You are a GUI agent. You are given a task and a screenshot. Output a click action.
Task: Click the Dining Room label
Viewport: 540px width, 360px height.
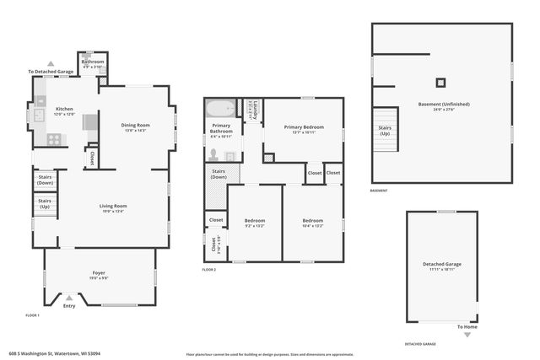(135, 126)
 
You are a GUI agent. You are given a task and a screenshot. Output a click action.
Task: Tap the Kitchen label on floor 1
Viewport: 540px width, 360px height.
(65, 110)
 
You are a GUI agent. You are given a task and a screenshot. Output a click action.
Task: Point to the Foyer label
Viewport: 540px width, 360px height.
(99, 273)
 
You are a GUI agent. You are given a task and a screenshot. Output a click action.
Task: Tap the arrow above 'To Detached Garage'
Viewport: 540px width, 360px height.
(50, 64)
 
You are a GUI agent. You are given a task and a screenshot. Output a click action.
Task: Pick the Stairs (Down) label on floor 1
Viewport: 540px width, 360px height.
(45, 179)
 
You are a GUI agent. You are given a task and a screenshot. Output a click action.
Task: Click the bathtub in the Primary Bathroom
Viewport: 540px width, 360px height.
(222, 110)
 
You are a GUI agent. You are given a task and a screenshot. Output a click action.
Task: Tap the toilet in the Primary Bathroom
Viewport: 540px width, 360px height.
(214, 155)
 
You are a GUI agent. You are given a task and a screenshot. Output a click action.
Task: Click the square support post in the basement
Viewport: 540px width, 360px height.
(440, 83)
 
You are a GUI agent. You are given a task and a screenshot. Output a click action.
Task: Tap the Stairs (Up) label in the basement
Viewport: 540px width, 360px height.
(386, 130)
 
